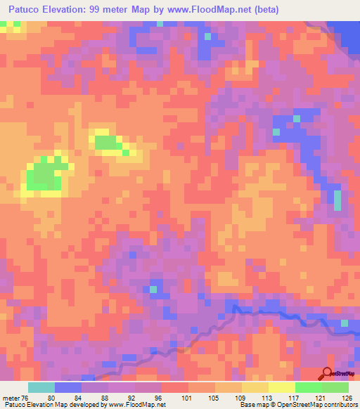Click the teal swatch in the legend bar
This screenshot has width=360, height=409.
(41, 387)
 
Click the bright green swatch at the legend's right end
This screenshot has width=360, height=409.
(335, 387)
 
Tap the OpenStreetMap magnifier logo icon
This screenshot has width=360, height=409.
(327, 374)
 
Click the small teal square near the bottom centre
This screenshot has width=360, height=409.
(153, 290)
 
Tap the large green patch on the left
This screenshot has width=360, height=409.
(44, 174)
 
